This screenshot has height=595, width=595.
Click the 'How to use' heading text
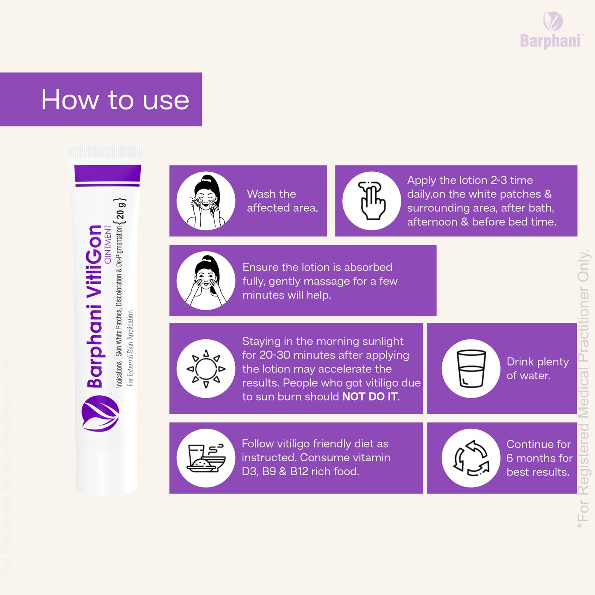pyautogui.click(x=115, y=100)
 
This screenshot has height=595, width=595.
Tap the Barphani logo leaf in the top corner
pyautogui.click(x=553, y=21)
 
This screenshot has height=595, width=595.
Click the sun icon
pyautogui.click(x=206, y=369)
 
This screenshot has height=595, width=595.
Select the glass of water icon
pyautogui.click(x=471, y=369)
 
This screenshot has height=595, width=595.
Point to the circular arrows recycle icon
pyautogui.click(x=471, y=458)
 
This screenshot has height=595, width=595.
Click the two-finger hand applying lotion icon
pyautogui.click(x=372, y=201)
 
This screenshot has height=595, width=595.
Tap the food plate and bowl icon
pyautogui.click(x=206, y=458)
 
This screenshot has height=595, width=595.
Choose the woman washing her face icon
pyautogui.click(x=206, y=201)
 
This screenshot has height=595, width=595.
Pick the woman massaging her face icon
pyautogui.click(x=206, y=281)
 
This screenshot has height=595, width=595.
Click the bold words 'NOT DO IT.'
pyautogui.click(x=371, y=397)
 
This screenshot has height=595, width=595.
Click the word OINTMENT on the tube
pyautogui.click(x=107, y=244)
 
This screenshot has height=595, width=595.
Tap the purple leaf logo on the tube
pyautogui.click(x=100, y=413)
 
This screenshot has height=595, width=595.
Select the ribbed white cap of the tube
pyautogui.click(x=104, y=152)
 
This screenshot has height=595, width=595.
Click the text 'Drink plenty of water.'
pyautogui.click(x=538, y=369)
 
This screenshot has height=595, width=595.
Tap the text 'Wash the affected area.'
pyautogui.click(x=282, y=201)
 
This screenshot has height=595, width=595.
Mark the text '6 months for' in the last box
pyautogui.click(x=539, y=458)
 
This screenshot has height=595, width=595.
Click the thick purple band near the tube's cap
pyautogui.click(x=108, y=173)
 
